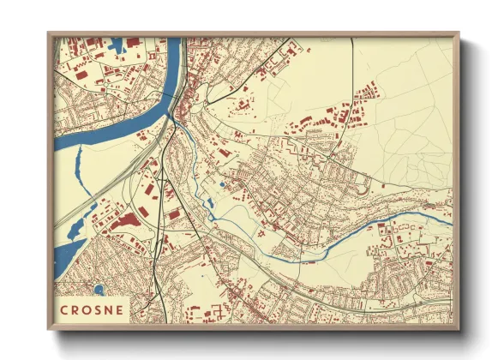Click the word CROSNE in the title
pos(92,309)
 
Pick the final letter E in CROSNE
pos(119,309)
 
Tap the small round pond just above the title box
pos(99,289)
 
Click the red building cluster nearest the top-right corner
pos(369,88)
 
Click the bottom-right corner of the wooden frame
pos(459,329)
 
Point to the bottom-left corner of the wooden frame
pos(49,329)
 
